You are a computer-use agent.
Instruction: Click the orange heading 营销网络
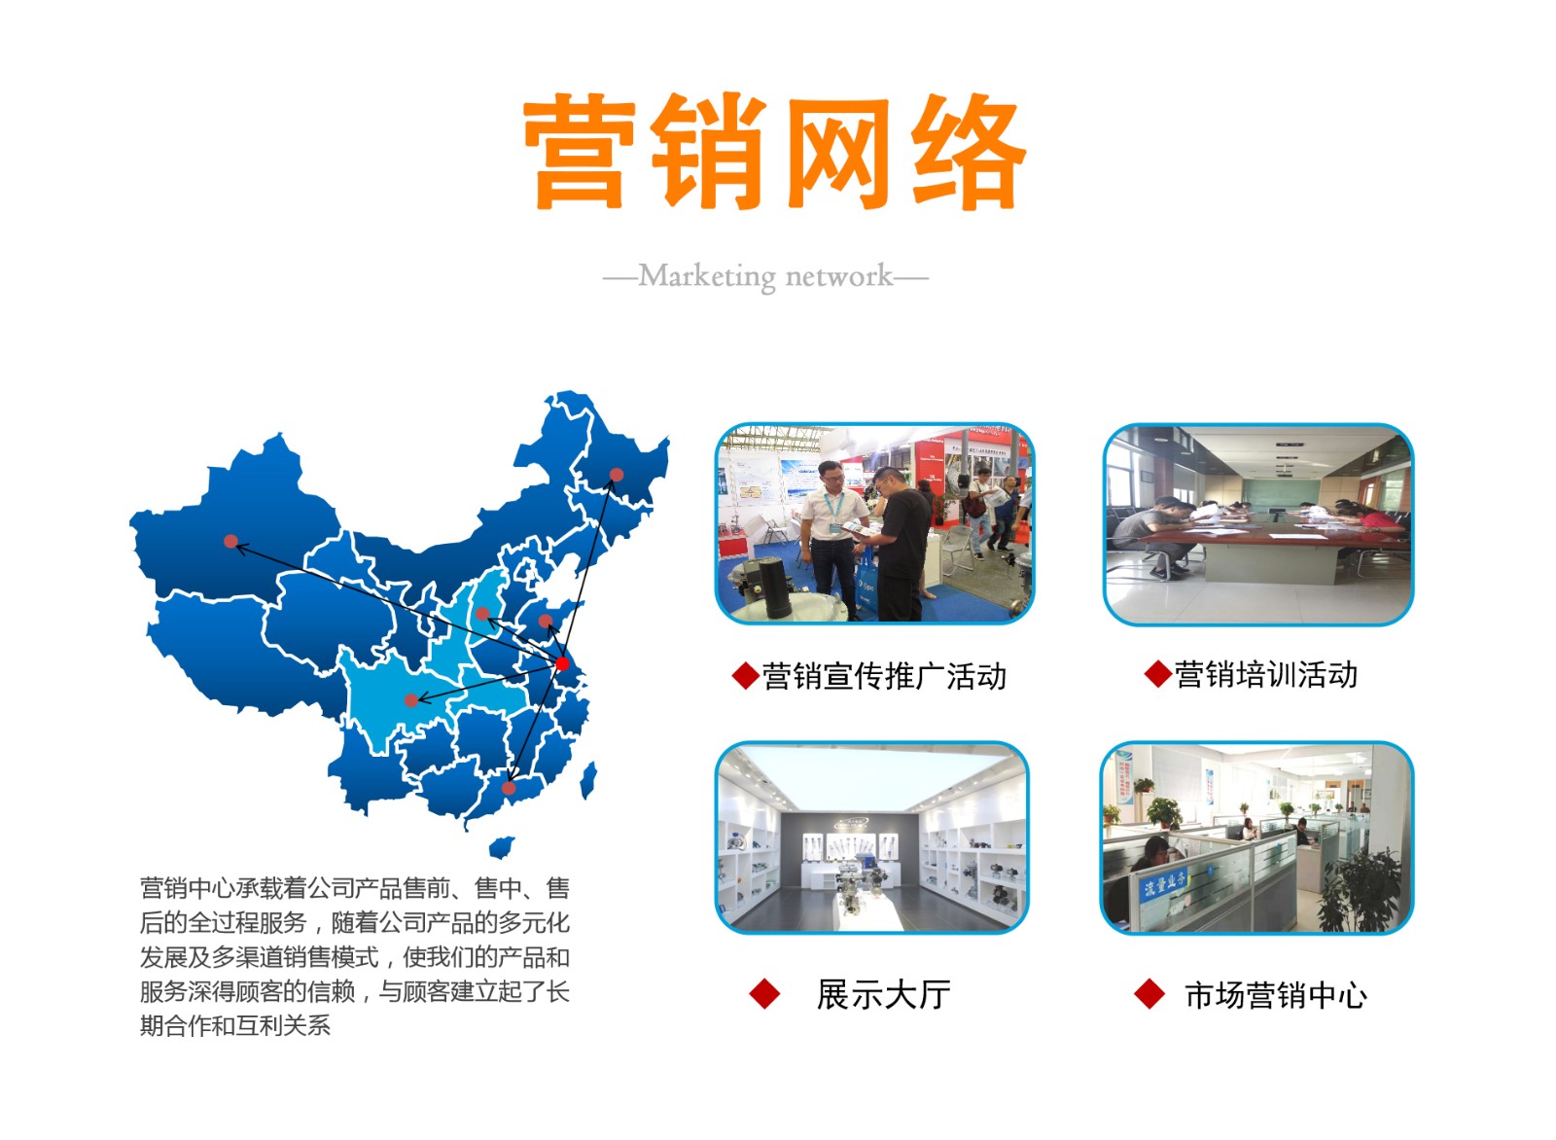click(x=774, y=152)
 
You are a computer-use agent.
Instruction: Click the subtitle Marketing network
click(x=765, y=276)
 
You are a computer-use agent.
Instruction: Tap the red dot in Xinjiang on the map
click(x=230, y=541)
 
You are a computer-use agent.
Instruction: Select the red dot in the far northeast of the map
click(x=617, y=476)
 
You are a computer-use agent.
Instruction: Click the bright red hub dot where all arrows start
click(x=562, y=663)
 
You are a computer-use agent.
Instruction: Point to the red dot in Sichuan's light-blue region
click(x=411, y=700)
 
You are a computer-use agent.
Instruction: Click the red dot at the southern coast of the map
click(x=510, y=788)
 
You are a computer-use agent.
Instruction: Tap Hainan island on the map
click(x=502, y=847)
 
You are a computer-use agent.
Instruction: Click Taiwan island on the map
click(x=588, y=780)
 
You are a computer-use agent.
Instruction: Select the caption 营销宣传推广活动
click(x=884, y=676)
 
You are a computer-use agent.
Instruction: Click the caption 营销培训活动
click(x=1265, y=674)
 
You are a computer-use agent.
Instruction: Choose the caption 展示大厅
click(x=884, y=994)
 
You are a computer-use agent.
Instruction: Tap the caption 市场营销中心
click(x=1276, y=995)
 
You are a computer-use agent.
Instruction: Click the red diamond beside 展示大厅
click(x=764, y=993)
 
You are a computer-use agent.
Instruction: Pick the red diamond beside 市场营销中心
click(x=1149, y=993)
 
